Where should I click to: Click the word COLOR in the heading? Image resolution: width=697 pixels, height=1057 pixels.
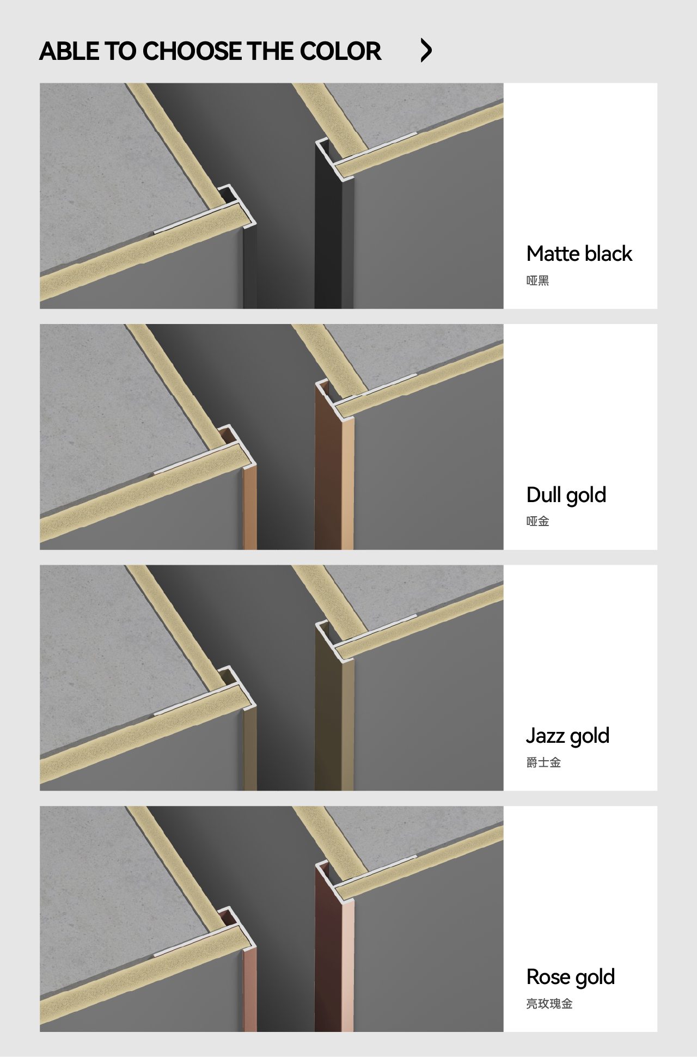click(340, 51)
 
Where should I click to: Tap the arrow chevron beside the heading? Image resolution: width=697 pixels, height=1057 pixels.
click(426, 51)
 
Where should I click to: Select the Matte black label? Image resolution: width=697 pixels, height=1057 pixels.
click(579, 254)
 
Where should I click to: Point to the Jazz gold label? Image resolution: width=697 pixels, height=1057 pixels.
click(568, 736)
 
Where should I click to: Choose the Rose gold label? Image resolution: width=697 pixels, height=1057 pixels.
click(571, 977)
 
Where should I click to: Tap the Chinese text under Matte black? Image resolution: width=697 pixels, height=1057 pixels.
click(537, 280)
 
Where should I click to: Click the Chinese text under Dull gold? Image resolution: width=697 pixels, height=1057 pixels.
click(537, 521)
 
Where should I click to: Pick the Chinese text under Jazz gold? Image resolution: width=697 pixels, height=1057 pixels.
click(543, 762)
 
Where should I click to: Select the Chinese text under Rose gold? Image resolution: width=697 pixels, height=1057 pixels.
click(549, 1004)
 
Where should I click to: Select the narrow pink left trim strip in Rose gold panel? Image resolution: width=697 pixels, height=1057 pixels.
click(250, 989)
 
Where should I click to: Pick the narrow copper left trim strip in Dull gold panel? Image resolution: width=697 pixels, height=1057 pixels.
click(250, 507)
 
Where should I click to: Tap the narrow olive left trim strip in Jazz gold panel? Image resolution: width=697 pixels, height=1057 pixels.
click(250, 748)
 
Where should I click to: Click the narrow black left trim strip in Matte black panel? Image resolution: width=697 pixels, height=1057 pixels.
click(250, 266)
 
